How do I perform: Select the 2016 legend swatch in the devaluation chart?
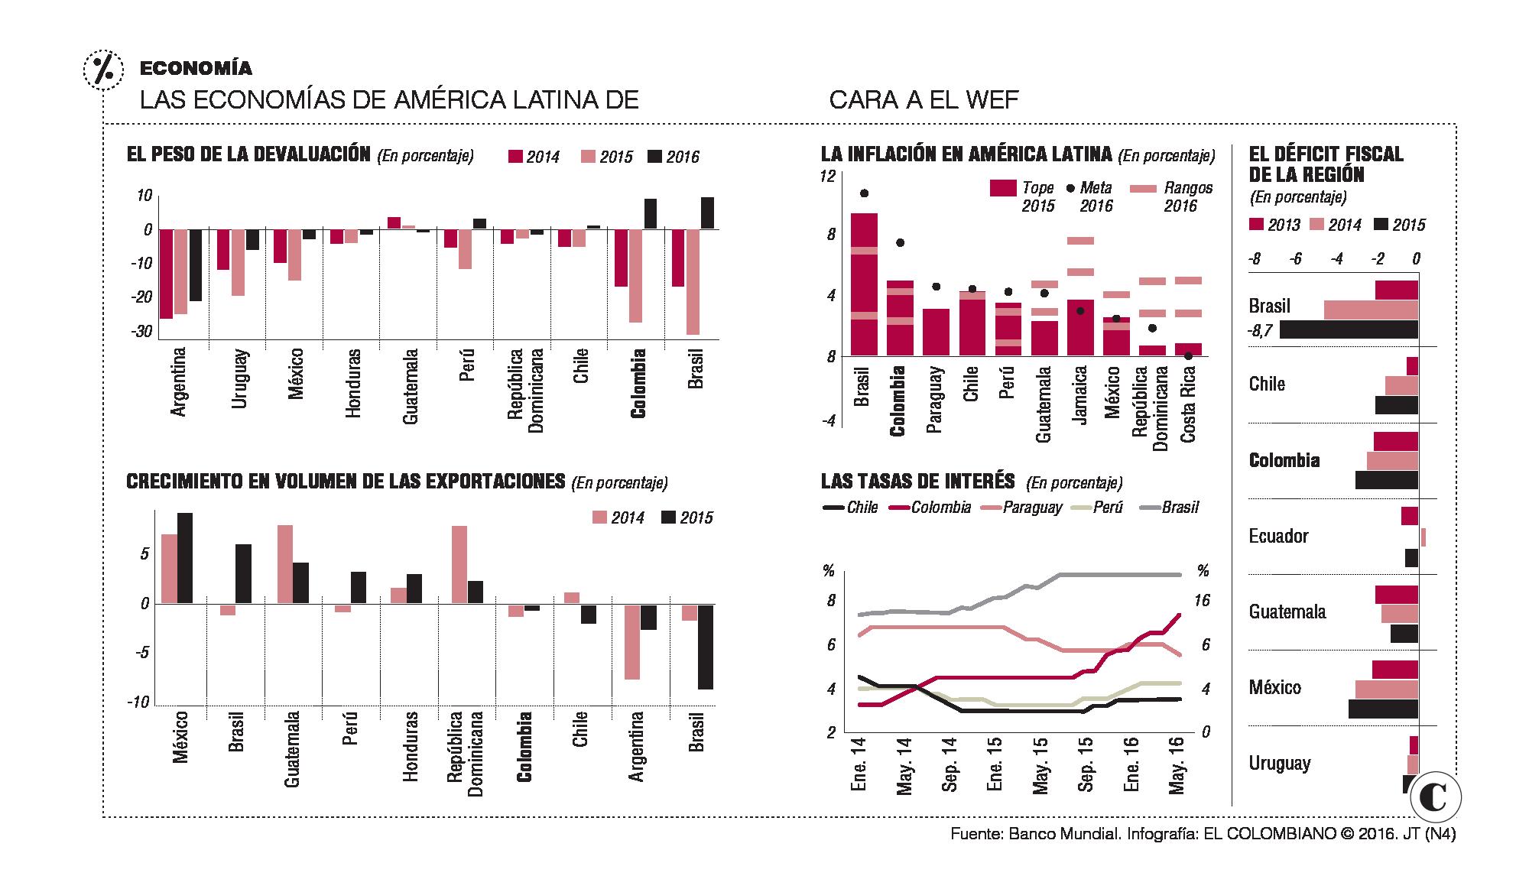coord(655,157)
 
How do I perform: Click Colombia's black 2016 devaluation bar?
coord(650,213)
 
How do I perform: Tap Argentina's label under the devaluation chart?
coord(178,382)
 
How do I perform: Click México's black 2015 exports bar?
coord(185,558)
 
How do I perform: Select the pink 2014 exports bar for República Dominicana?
coord(459,565)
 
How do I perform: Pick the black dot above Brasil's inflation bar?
coord(864,193)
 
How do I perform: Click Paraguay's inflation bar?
coord(936,333)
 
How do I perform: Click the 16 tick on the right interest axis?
coord(1201,601)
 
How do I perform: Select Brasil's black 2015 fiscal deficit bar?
coord(1349,329)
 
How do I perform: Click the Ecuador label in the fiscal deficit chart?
coord(1278,536)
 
